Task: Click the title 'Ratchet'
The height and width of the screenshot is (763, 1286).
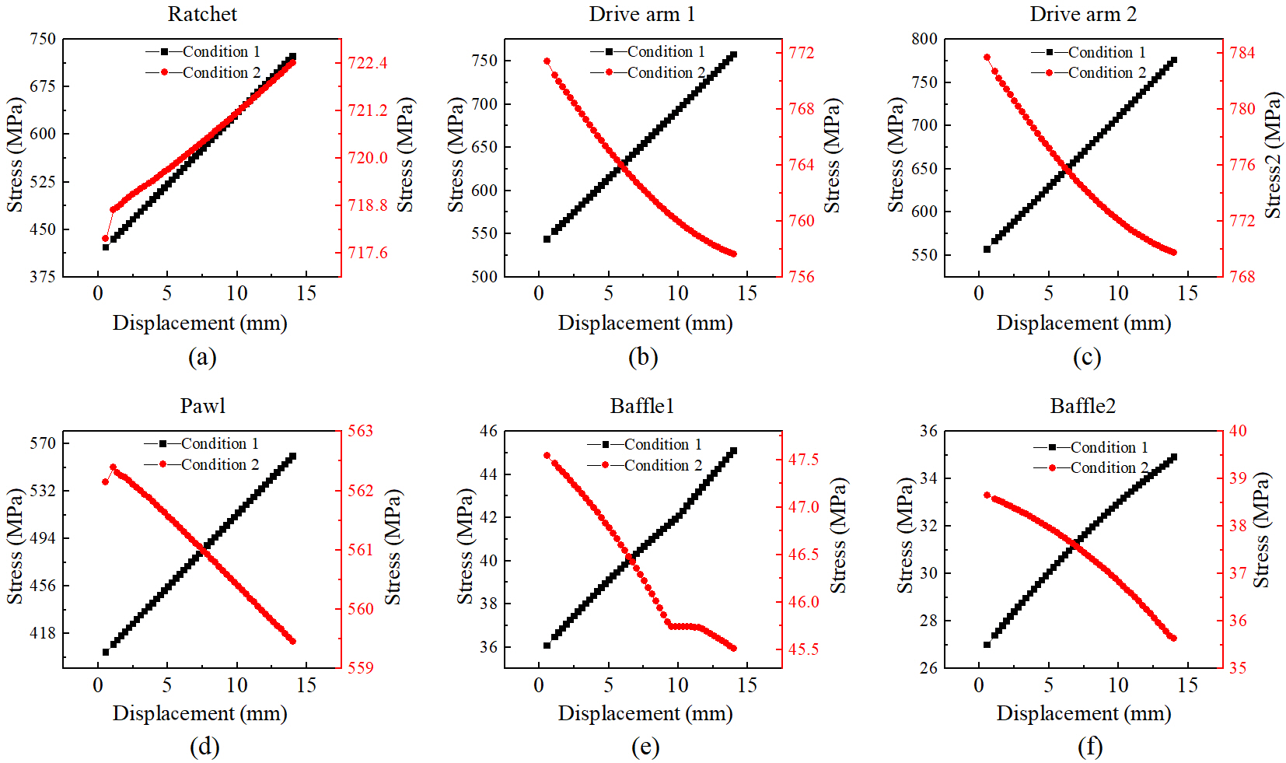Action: click(x=202, y=14)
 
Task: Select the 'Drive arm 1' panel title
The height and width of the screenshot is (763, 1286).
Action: click(x=641, y=14)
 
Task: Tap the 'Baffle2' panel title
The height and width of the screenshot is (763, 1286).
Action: click(x=1082, y=406)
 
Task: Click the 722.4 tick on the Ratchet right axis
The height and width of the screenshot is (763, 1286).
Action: click(x=367, y=63)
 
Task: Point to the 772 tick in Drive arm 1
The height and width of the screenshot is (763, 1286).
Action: click(x=802, y=53)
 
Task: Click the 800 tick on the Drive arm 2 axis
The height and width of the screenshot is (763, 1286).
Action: click(x=924, y=39)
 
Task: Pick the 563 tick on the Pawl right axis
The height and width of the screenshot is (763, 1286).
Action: click(x=360, y=431)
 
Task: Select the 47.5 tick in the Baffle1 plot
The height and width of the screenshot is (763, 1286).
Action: click(x=803, y=460)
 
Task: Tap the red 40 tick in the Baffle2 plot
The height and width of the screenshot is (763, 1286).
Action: click(x=1238, y=431)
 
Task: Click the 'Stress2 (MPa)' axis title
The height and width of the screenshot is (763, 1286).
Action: click(x=1272, y=156)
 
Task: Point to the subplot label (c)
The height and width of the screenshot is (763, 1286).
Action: click(x=1086, y=357)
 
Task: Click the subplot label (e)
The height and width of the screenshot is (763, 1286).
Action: click(x=645, y=747)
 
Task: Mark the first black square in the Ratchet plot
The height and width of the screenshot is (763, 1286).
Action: click(x=106, y=247)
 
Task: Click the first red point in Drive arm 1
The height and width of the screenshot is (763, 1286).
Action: click(x=547, y=61)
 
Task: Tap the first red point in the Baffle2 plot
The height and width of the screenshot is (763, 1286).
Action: click(x=987, y=495)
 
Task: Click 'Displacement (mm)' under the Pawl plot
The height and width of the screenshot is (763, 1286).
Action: click(x=200, y=713)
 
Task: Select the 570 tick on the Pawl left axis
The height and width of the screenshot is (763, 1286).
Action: click(x=43, y=443)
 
